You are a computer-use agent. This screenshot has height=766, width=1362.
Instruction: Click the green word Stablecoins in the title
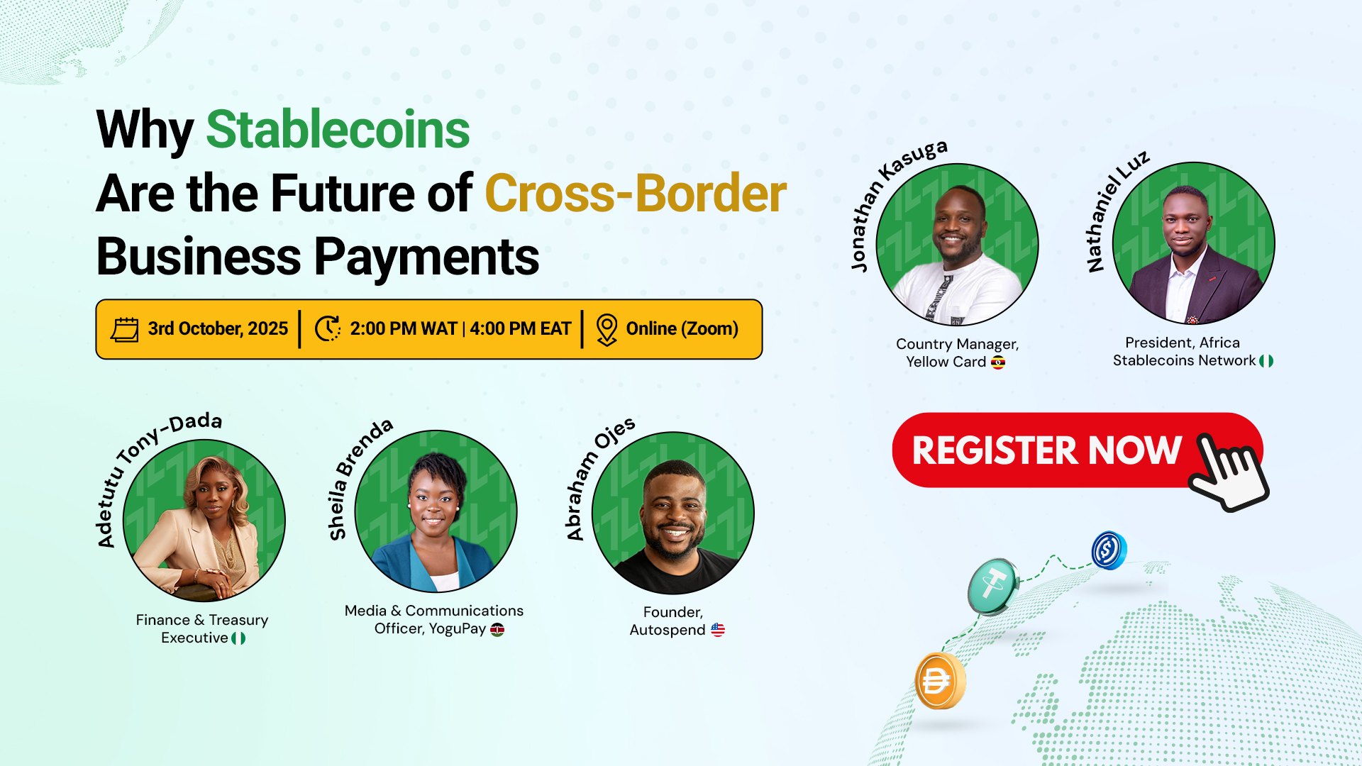pos(338,130)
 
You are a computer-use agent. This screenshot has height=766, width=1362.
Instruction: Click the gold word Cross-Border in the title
pos(636,193)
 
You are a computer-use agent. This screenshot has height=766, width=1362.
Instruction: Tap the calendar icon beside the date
pos(125,329)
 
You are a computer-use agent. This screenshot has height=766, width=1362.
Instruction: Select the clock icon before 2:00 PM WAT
pos(328,328)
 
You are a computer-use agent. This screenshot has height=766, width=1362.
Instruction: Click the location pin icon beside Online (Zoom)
pos(607,330)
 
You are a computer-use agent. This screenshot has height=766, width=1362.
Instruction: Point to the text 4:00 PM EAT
pos(521,328)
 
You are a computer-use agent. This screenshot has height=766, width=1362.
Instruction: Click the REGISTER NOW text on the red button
pos(1047,450)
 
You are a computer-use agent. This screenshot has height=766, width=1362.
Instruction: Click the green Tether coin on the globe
pos(993,586)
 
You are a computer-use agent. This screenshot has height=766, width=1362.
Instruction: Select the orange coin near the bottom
pos(940,681)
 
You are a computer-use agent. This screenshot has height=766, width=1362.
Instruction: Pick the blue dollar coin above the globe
pos(1109,550)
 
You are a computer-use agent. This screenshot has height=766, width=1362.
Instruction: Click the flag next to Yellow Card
pos(998,362)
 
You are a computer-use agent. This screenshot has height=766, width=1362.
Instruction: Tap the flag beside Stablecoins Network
pos(1266,361)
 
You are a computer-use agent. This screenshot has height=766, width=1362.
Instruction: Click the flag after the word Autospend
pos(718,630)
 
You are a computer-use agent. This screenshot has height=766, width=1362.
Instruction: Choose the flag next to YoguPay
pos(497,630)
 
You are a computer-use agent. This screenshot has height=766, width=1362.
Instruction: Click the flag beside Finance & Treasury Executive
pos(238,638)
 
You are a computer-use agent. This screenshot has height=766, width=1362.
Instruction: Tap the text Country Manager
pos(957,344)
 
